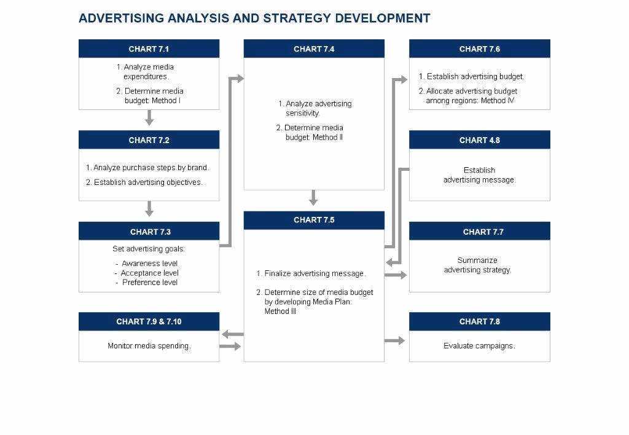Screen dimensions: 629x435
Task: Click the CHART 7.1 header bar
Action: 149,49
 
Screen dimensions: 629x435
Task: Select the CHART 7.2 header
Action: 149,139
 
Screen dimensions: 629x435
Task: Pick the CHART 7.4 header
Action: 314,49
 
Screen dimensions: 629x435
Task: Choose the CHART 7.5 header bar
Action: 314,220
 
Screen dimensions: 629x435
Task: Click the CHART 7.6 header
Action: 479,49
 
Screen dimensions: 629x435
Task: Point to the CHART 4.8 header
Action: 479,139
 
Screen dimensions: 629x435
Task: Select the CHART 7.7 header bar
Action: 479,231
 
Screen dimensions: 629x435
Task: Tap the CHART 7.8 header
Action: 479,321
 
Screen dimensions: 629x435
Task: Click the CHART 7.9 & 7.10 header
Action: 149,321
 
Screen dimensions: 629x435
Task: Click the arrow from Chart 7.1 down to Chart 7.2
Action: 149,117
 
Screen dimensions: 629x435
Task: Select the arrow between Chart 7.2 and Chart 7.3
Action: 149,209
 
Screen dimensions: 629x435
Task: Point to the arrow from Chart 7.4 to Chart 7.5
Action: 314,198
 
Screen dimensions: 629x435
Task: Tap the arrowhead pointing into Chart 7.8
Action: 401,341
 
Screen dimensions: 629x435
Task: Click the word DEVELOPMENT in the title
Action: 383,18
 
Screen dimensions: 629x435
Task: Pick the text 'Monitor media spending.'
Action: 149,345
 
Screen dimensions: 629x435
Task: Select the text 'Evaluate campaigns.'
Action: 479,345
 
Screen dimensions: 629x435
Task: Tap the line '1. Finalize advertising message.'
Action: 311,273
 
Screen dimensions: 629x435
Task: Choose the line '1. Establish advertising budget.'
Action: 471,76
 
